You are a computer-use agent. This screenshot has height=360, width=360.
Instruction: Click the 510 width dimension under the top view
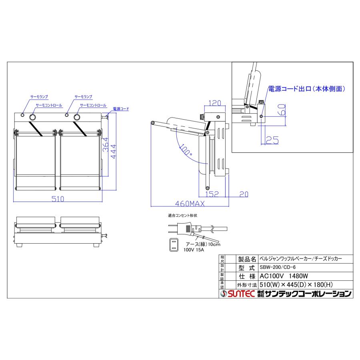[58, 198]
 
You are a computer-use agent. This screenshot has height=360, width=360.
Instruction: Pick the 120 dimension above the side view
[214, 103]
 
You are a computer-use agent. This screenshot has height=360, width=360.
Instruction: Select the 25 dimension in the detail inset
[272, 140]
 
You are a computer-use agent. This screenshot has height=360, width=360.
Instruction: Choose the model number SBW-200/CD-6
[279, 267]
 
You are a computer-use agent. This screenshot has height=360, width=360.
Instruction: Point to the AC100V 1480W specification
[283, 276]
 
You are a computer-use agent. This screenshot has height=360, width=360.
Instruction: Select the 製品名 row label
[246, 258]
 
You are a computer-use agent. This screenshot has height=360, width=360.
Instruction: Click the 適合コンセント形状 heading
[182, 216]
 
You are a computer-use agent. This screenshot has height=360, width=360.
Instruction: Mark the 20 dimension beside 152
[244, 194]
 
